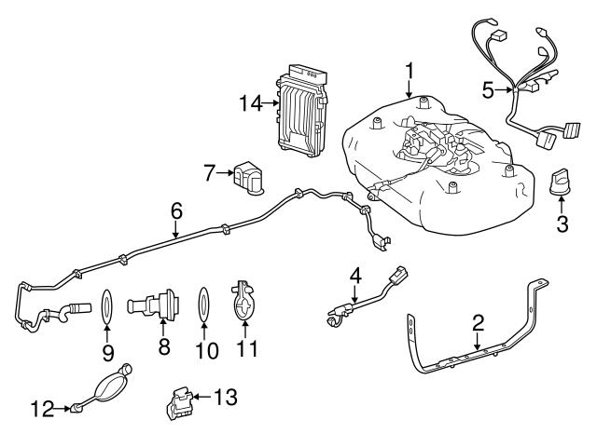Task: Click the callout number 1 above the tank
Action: pos(410,70)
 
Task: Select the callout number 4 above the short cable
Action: pos(354,276)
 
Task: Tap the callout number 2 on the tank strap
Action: pos(478,323)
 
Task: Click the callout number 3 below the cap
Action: pos(562,223)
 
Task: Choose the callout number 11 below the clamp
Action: pos(247,351)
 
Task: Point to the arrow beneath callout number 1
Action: pos(410,88)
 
